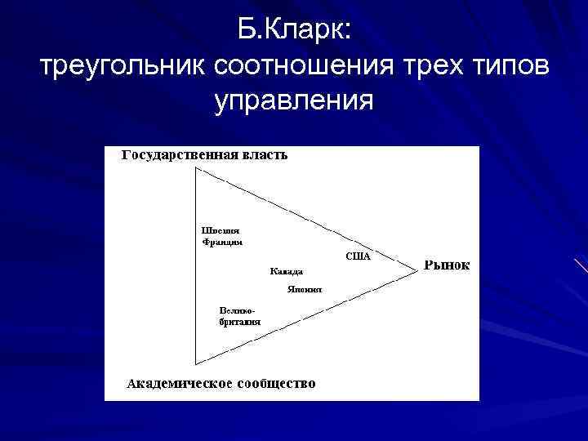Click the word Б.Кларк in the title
296,30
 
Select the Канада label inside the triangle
287,271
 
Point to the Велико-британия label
239,316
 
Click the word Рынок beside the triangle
447,265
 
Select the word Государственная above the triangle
180,154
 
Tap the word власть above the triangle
265,154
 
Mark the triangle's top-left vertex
196,169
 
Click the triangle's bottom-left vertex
196,363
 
